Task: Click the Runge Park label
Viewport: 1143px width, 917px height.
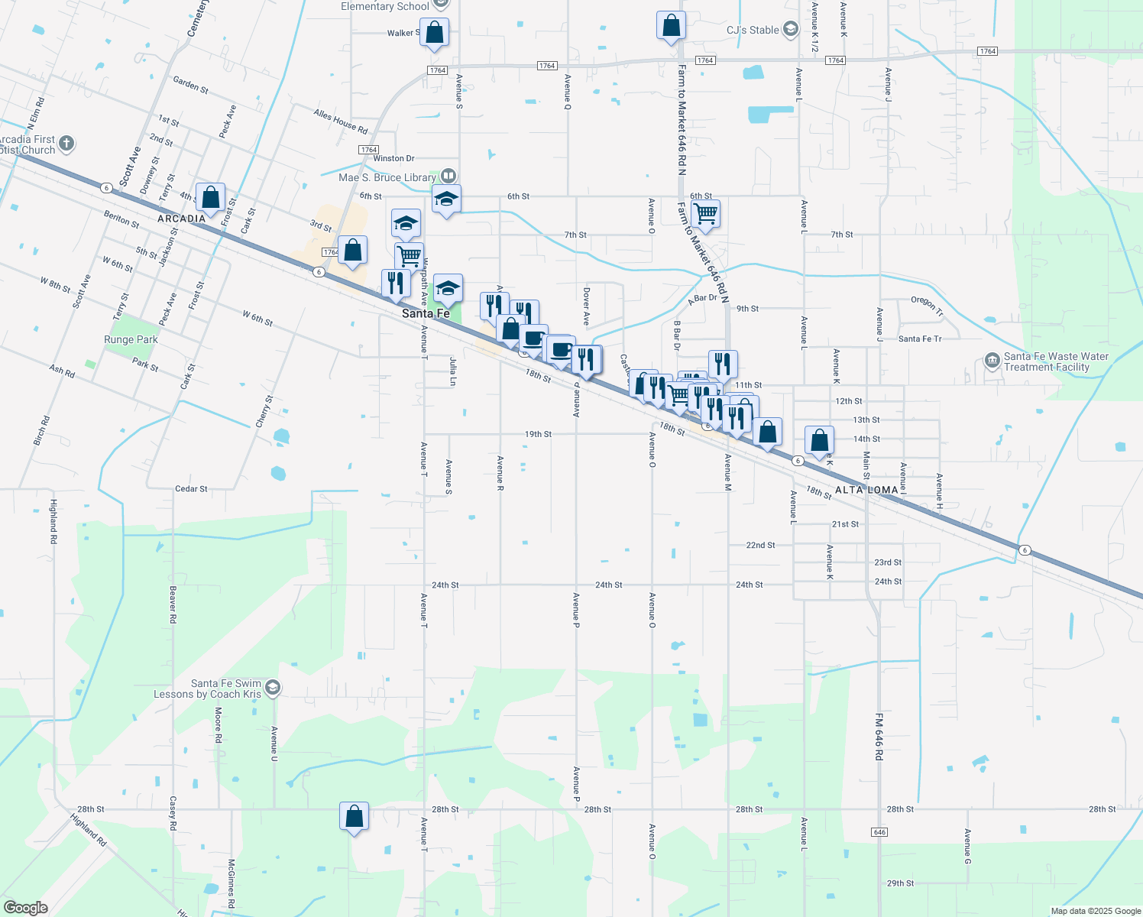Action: tap(131, 339)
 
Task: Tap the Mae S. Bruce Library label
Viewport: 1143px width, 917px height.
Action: tap(387, 177)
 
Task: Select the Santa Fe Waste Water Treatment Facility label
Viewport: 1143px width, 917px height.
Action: tap(1056, 361)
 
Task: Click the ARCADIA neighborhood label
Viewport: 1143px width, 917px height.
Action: tap(181, 219)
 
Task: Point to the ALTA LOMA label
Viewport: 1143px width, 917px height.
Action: tap(866, 490)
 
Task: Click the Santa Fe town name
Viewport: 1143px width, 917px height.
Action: tap(426, 313)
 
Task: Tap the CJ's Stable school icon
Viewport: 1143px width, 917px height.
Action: tap(791, 30)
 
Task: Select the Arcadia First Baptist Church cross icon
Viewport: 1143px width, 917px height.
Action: tap(66, 143)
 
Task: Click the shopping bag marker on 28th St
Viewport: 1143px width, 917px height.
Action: tap(354, 816)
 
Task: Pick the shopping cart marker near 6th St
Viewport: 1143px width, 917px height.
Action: tap(705, 213)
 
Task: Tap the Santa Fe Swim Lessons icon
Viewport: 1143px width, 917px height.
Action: tap(273, 689)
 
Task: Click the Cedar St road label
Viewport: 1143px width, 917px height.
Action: tap(191, 489)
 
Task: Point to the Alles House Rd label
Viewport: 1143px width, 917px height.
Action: tap(341, 120)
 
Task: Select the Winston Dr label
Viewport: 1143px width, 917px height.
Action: tap(393, 158)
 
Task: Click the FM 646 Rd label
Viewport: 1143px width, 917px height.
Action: tap(879, 737)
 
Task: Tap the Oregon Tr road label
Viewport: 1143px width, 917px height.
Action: tap(927, 305)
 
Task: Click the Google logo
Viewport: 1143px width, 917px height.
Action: tap(25, 907)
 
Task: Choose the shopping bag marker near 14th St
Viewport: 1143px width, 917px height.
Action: tap(818, 441)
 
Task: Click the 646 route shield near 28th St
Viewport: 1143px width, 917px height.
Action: tap(879, 831)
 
